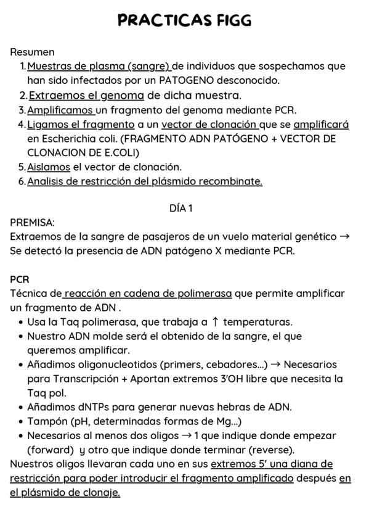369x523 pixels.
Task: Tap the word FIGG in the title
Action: tap(233, 21)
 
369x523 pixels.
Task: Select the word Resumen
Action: tap(32, 52)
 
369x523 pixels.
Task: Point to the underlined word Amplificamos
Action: tap(60, 110)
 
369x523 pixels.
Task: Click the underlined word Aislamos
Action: tap(49, 167)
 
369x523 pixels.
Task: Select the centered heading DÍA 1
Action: tap(181, 208)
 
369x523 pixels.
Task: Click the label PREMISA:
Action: tap(33, 222)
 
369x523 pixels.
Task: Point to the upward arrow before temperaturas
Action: tap(214, 321)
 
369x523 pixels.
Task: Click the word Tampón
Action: tap(47, 421)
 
